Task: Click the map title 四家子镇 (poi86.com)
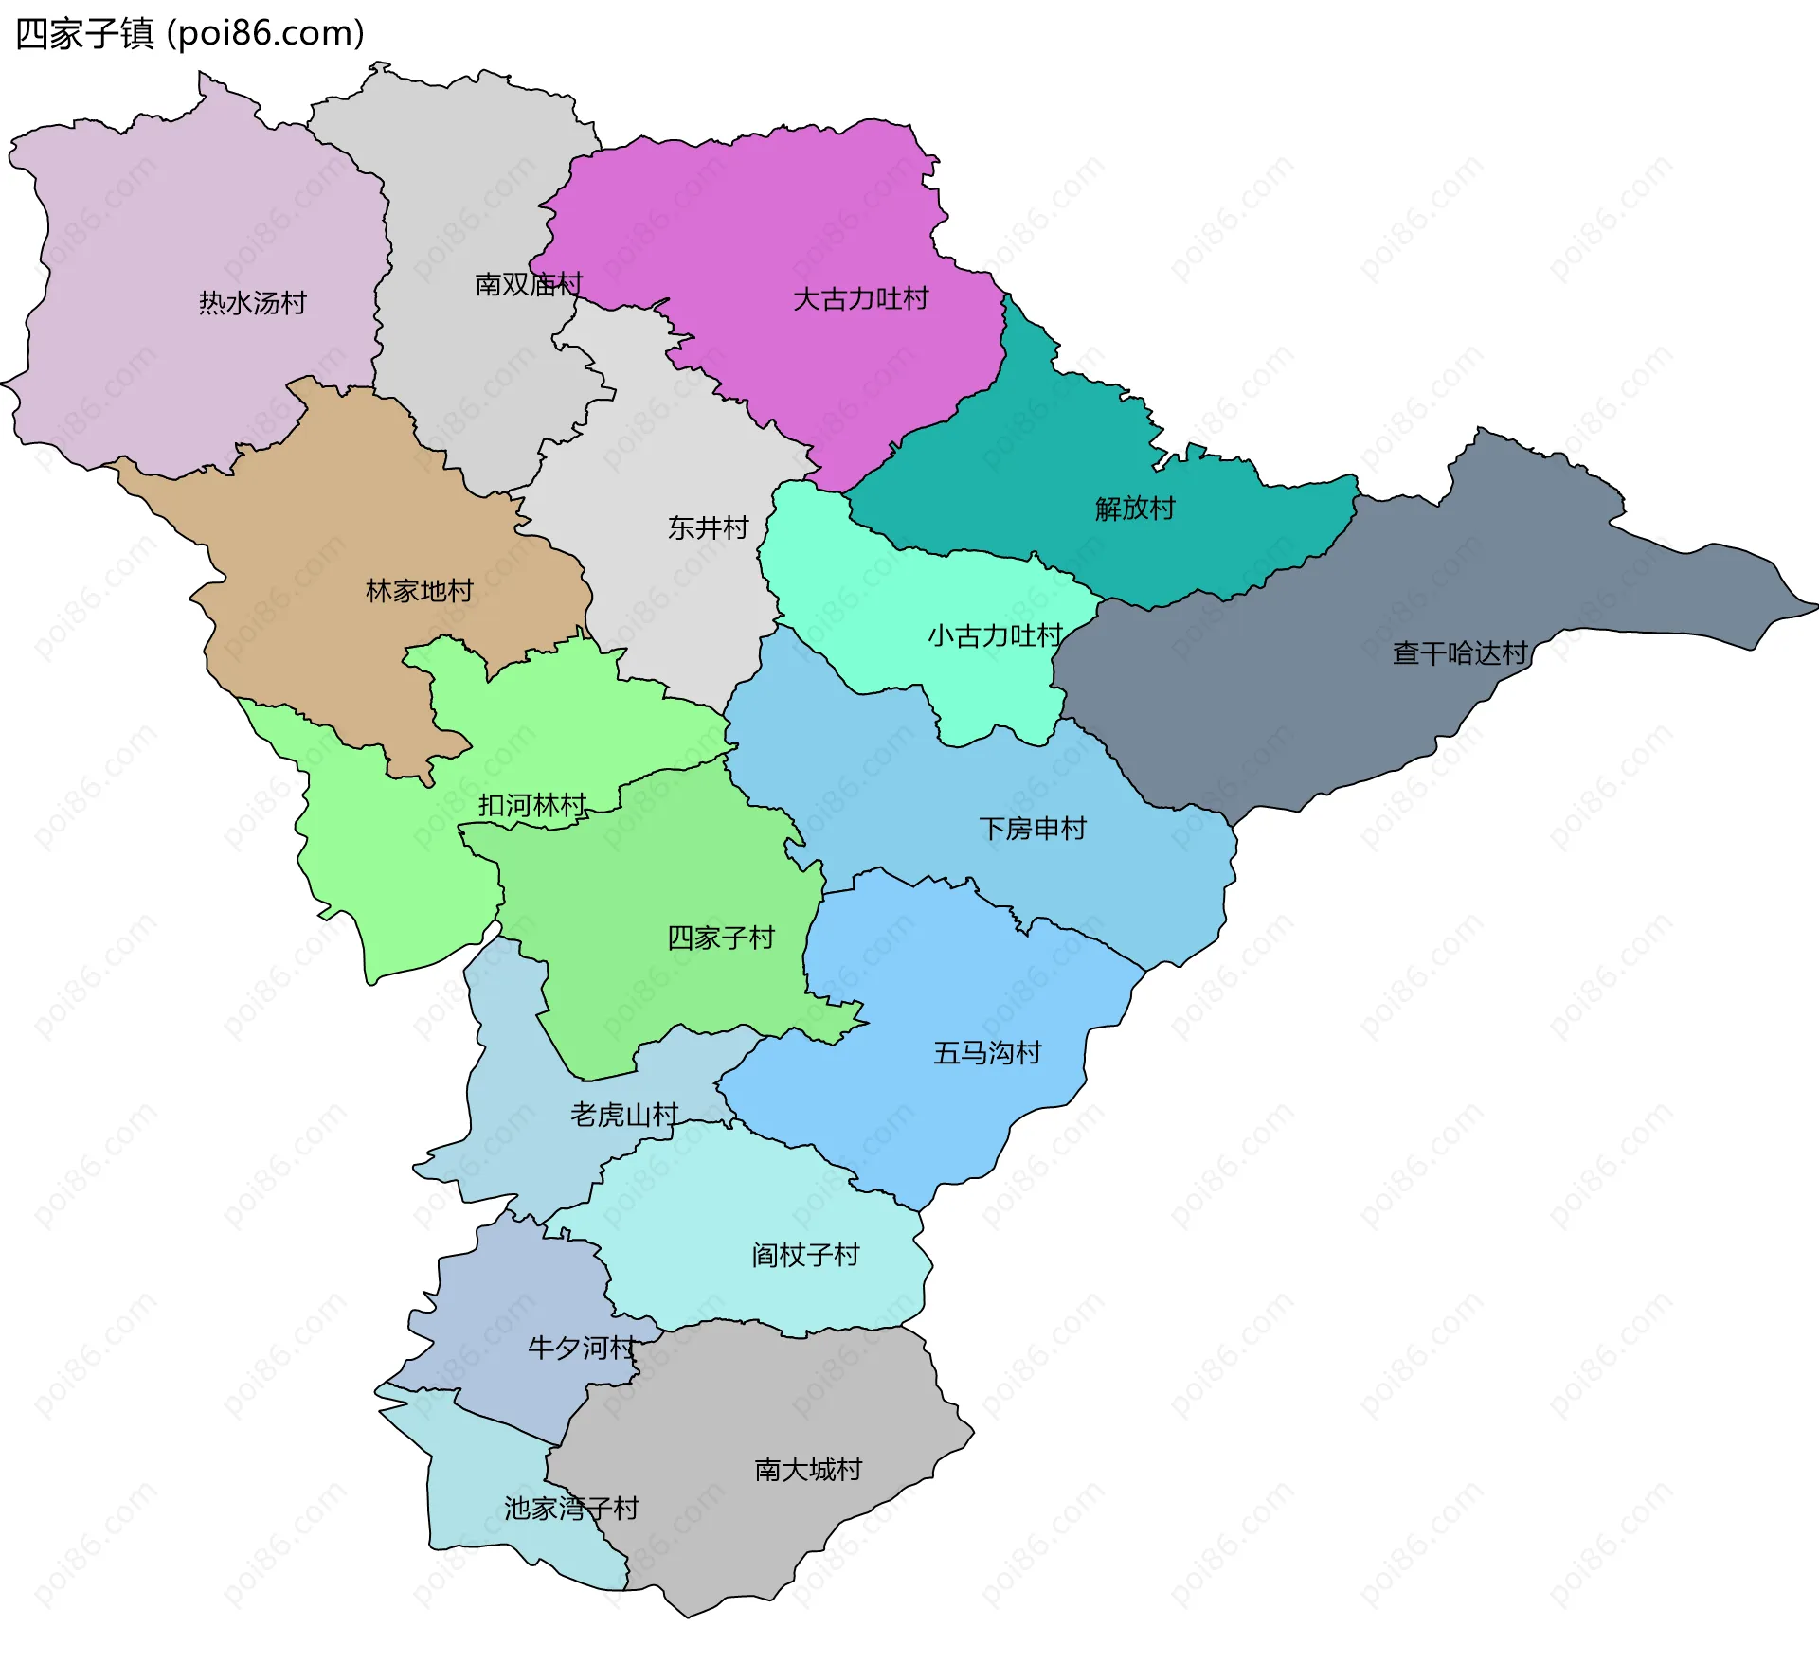click(189, 34)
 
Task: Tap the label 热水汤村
click(253, 303)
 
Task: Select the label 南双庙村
click(529, 284)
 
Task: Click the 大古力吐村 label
click(860, 299)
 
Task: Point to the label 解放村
click(1135, 509)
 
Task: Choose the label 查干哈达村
click(1460, 653)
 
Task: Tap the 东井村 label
click(709, 527)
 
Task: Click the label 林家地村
click(420, 591)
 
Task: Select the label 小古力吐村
click(995, 635)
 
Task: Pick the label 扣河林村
click(532, 806)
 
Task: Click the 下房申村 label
click(1033, 829)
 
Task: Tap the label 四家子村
click(721, 938)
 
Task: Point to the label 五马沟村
click(987, 1053)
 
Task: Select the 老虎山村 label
click(624, 1115)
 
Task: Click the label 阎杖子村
click(805, 1256)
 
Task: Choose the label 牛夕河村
click(582, 1348)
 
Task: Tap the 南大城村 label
click(808, 1470)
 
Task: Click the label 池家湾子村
click(571, 1509)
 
